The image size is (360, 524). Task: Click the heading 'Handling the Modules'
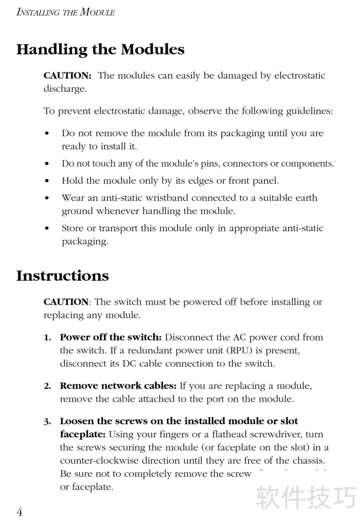coord(100,50)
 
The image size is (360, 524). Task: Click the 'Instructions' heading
coord(63,276)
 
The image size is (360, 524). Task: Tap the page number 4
coord(20,512)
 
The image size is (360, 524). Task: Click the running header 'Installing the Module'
coord(65,13)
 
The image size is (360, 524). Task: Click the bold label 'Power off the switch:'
coord(111,337)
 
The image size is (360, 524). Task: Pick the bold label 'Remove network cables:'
coord(118,386)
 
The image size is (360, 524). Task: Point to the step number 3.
coord(47,422)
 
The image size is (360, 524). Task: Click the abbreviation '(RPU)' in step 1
coord(241,350)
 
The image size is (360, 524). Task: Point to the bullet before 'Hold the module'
coord(48,181)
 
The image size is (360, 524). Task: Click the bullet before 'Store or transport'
coord(48,229)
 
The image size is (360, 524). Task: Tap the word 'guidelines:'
coord(310,111)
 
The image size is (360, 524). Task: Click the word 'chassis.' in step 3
coord(309,461)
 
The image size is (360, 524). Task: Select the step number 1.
coord(47,338)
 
